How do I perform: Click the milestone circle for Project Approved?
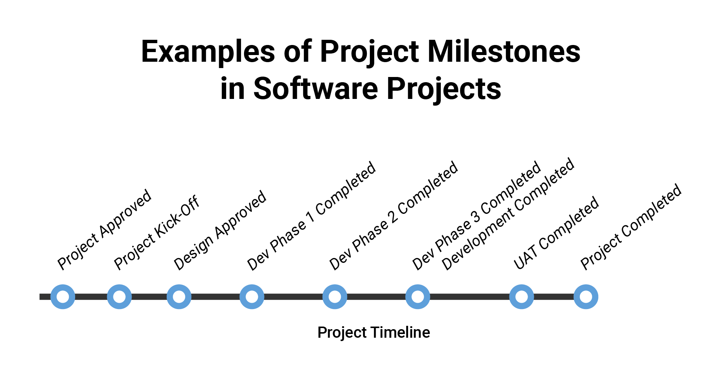tap(63, 297)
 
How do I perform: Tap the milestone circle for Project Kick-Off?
tap(119, 297)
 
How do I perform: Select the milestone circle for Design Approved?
tap(179, 297)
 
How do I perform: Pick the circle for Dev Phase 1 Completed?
tap(252, 297)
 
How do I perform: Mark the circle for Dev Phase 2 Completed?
tap(335, 297)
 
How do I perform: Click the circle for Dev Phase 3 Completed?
tap(418, 297)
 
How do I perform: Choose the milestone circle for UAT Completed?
tap(522, 297)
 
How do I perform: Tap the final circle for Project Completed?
tap(586, 297)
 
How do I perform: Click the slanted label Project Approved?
tap(104, 230)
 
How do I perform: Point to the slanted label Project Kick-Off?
tap(157, 233)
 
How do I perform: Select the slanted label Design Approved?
tap(220, 231)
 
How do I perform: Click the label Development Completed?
tap(508, 214)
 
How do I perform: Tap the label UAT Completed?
tap(556, 232)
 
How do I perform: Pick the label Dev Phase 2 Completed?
tap(394, 216)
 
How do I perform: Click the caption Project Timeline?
tap(374, 333)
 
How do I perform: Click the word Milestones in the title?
tap(504, 52)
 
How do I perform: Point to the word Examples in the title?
tap(208, 52)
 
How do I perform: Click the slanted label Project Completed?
tap(631, 227)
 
